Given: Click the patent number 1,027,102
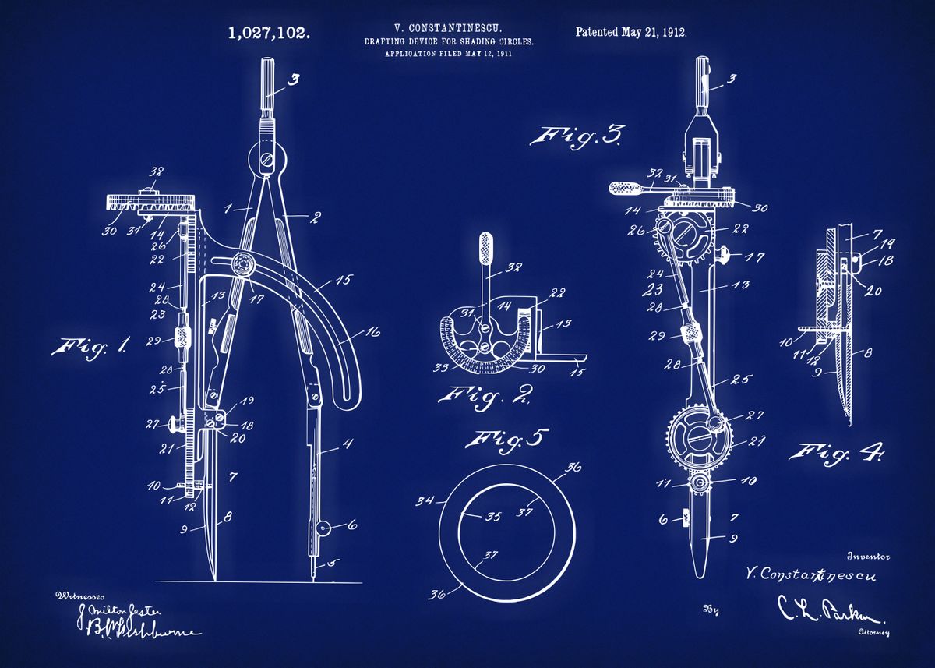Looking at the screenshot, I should click(x=269, y=33).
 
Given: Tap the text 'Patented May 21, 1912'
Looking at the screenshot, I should click(x=631, y=32).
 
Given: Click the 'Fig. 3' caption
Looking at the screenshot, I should click(x=577, y=137).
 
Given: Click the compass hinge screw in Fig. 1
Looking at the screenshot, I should click(x=266, y=162).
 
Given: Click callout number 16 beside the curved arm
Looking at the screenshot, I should click(x=372, y=333).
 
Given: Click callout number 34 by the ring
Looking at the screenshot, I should click(x=425, y=500).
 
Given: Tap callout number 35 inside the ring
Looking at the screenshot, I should click(x=471, y=516).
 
